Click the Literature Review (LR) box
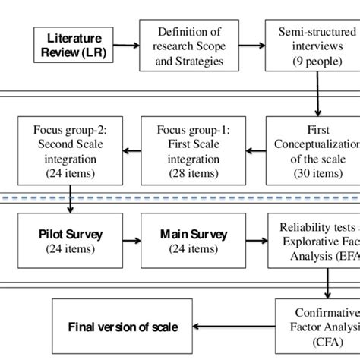pos(74,45)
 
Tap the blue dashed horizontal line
pos(180,198)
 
